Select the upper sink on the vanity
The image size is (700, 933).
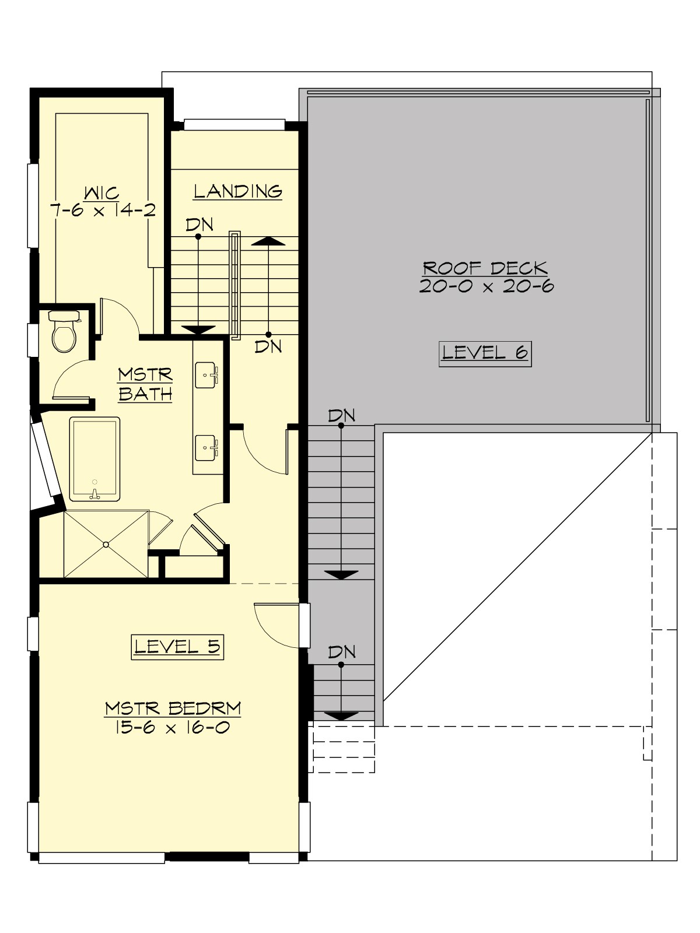point(206,374)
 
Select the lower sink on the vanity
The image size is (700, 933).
point(206,447)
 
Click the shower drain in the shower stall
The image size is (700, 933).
point(106,545)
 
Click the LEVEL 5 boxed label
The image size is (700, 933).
point(177,647)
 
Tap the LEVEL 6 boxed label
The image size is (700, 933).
point(485,353)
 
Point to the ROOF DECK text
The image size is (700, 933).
point(485,268)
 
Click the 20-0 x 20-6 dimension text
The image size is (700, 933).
point(486,286)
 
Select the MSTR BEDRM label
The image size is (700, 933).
point(173,708)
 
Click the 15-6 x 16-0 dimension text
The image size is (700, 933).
point(171,727)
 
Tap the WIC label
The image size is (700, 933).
point(102,192)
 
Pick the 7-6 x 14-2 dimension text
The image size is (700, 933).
point(103,211)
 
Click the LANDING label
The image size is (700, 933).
point(238,191)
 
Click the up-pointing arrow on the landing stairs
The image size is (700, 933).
point(268,241)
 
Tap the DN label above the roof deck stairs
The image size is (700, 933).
point(342,416)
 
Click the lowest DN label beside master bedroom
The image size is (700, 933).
point(342,652)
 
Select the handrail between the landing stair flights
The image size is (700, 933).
point(235,285)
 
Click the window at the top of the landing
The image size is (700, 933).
point(234,125)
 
